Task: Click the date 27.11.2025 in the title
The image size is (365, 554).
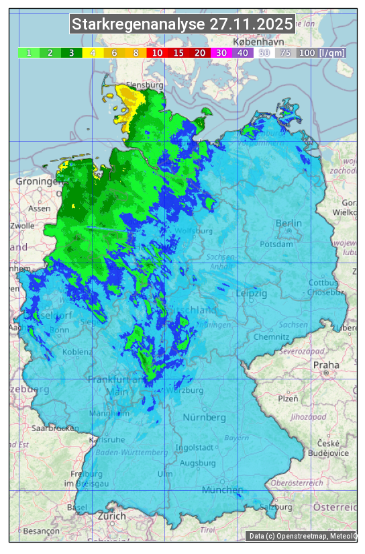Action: click(x=251, y=25)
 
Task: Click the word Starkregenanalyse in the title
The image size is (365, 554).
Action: click(x=139, y=25)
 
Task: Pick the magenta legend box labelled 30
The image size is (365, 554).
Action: click(x=221, y=52)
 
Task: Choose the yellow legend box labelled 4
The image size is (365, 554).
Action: click(x=93, y=52)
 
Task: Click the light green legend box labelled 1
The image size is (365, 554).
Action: click(x=29, y=52)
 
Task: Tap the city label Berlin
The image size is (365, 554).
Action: click(x=289, y=224)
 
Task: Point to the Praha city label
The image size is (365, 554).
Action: click(x=325, y=365)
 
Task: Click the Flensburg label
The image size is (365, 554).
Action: click(x=144, y=86)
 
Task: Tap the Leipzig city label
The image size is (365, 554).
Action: click(x=252, y=293)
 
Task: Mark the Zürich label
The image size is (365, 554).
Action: click(x=111, y=516)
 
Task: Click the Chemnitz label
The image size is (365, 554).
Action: click(x=271, y=336)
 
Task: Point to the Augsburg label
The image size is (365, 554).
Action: click(x=198, y=463)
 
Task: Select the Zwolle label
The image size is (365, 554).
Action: click(x=22, y=226)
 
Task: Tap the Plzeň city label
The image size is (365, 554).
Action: click(x=288, y=398)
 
